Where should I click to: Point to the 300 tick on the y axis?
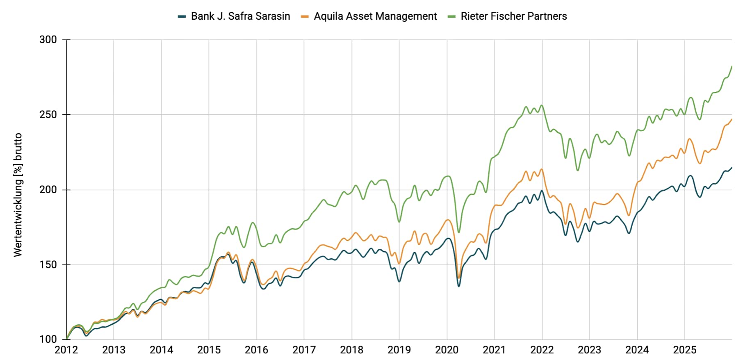(x=48, y=40)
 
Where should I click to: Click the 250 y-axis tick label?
(x=48, y=115)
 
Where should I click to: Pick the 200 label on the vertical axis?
(x=48, y=190)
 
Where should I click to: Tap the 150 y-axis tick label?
(x=48, y=265)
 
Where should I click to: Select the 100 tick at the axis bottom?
(x=48, y=339)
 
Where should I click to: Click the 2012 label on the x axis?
(x=66, y=350)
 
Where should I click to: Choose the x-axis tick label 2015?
(x=209, y=350)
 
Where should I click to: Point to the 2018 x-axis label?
(x=351, y=350)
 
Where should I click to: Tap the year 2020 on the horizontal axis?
(x=447, y=350)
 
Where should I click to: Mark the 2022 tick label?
(x=542, y=350)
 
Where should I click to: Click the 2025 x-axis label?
(x=684, y=350)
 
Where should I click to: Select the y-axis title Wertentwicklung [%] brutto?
(x=18, y=195)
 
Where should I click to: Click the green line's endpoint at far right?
(x=732, y=66)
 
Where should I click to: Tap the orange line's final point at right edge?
(x=732, y=119)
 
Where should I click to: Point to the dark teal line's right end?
(x=732, y=167)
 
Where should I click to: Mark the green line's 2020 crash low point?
(x=459, y=232)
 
